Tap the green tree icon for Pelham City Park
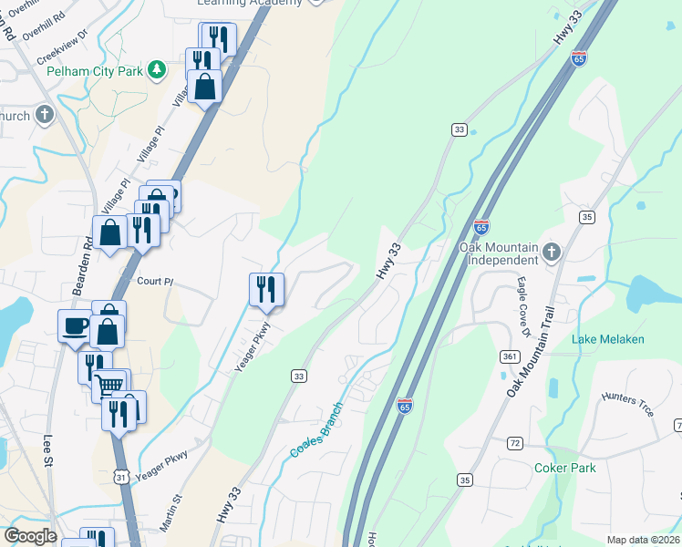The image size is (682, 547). click(x=157, y=69)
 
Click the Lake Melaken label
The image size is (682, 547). click(x=608, y=339)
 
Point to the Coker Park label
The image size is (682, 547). click(x=565, y=469)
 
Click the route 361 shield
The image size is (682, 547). click(x=508, y=356)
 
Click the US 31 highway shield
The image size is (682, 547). click(x=120, y=476)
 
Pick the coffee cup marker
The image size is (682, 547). click(x=74, y=325)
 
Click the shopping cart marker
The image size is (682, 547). click(x=110, y=386)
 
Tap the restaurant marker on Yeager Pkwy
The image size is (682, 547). click(x=266, y=289)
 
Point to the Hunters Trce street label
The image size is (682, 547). click(x=628, y=405)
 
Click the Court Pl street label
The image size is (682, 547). click(x=155, y=282)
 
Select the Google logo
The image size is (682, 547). click(x=31, y=535)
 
